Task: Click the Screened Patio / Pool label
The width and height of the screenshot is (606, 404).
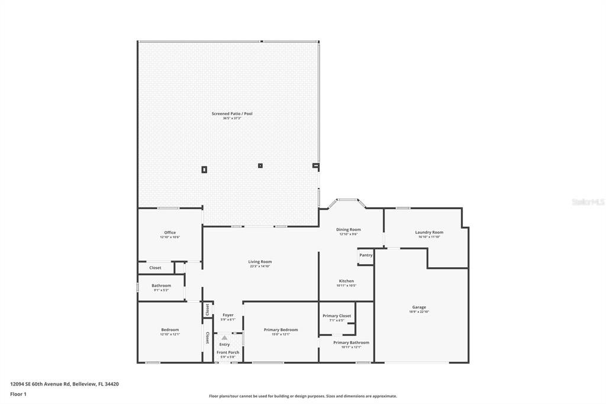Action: click(x=232, y=113)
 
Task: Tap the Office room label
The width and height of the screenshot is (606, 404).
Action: click(x=170, y=232)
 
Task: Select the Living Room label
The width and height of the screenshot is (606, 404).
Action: click(x=260, y=261)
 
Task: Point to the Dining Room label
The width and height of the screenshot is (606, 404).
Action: click(x=348, y=229)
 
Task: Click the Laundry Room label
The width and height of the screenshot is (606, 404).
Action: click(x=429, y=232)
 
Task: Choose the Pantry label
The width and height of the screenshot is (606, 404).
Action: click(x=366, y=255)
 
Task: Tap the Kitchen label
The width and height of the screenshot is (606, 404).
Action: click(x=346, y=281)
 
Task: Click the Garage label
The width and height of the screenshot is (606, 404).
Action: click(x=419, y=307)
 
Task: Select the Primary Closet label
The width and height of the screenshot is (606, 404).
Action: click(x=337, y=316)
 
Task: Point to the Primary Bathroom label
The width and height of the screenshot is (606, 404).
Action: click(x=351, y=342)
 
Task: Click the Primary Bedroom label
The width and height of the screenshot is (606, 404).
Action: click(x=281, y=329)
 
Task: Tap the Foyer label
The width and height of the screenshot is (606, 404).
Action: click(x=228, y=315)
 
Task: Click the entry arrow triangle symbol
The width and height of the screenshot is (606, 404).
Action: click(x=224, y=338)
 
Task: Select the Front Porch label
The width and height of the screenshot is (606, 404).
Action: click(x=228, y=352)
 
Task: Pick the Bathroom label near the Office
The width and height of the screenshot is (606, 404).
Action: click(x=161, y=286)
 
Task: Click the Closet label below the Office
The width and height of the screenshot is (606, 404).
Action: click(x=155, y=268)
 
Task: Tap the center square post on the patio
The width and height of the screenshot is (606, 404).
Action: click(x=260, y=165)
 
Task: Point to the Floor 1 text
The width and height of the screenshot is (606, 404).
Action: click(x=18, y=394)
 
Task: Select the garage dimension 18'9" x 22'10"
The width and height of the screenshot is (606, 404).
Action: click(x=419, y=312)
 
